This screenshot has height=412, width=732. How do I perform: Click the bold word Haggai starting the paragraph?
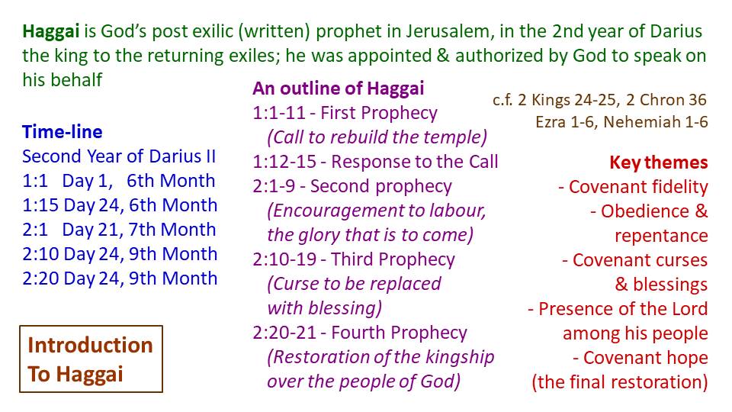pyautogui.click(x=51, y=32)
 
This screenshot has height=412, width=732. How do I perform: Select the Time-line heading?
pyautogui.click(x=62, y=132)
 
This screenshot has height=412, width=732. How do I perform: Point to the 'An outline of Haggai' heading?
pyautogui.click(x=339, y=89)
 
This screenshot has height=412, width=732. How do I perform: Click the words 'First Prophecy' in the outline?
pyautogui.click(x=379, y=113)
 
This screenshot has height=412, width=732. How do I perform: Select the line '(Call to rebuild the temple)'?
pyautogui.click(x=377, y=137)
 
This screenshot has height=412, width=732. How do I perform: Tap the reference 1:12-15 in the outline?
pyautogui.click(x=284, y=162)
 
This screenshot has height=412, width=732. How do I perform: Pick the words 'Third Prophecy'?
pyautogui.click(x=393, y=259)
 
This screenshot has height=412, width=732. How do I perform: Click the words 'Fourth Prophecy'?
pyautogui.click(x=399, y=333)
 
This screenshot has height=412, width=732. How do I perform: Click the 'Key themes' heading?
pyautogui.click(x=659, y=163)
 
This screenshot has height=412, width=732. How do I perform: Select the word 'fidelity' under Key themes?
pyautogui.click(x=679, y=187)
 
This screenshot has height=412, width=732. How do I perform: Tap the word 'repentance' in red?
pyautogui.click(x=661, y=236)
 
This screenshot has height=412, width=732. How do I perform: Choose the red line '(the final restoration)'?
pyautogui.click(x=620, y=382)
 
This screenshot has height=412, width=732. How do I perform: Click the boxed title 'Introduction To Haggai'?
pyautogui.click(x=91, y=359)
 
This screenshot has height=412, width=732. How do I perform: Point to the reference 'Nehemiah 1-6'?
pyautogui.click(x=656, y=122)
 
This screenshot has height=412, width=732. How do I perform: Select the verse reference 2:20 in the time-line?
pyautogui.click(x=40, y=278)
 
